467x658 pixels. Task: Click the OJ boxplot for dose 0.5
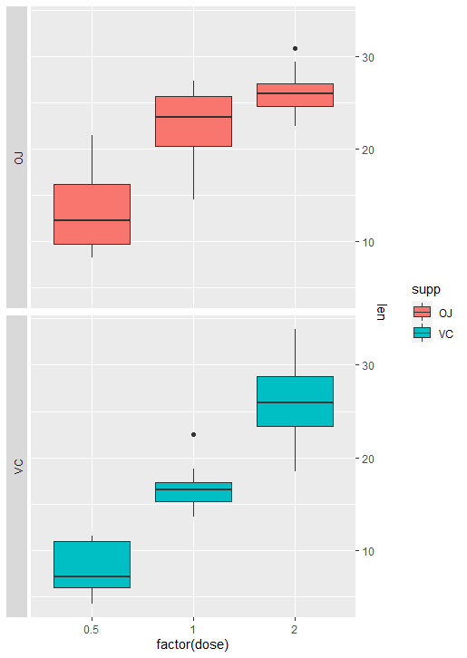click(x=92, y=214)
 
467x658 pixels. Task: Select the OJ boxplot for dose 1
click(x=193, y=121)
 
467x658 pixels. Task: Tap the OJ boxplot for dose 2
click(x=295, y=94)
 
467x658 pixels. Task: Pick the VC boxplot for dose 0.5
click(x=92, y=564)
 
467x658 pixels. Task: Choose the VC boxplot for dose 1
click(x=193, y=491)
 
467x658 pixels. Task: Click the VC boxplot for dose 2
click(x=295, y=401)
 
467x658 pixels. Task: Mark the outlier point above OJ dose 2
click(x=295, y=48)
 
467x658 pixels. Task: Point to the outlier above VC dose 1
click(x=193, y=435)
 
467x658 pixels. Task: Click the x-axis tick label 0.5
click(x=92, y=629)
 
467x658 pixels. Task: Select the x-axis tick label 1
click(x=193, y=629)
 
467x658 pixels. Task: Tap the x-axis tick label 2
click(x=295, y=629)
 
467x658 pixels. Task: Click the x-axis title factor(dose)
click(x=192, y=645)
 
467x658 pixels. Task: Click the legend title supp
click(x=426, y=290)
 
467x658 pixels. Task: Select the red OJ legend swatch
click(x=423, y=313)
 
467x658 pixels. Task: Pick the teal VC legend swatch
click(x=423, y=333)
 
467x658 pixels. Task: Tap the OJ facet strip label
click(x=17, y=158)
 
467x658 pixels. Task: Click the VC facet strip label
click(x=17, y=466)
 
